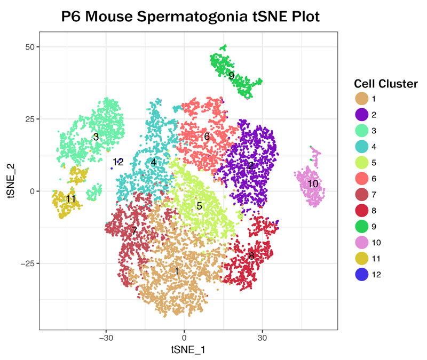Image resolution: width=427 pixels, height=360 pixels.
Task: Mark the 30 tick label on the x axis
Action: pyautogui.click(x=262, y=338)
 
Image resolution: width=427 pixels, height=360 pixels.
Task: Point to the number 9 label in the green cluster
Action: pyautogui.click(x=231, y=76)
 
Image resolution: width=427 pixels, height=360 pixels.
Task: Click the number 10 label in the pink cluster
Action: pyautogui.click(x=313, y=184)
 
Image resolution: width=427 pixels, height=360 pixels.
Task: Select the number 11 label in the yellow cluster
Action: pyautogui.click(x=70, y=199)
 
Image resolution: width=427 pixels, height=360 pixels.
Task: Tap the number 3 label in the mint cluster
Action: pyautogui.click(x=96, y=137)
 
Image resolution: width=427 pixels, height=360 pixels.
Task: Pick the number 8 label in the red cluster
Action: pyautogui.click(x=251, y=256)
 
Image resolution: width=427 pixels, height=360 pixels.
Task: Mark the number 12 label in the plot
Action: pyautogui.click(x=118, y=162)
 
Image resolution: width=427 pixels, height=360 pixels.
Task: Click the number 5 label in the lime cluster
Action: pyautogui.click(x=199, y=206)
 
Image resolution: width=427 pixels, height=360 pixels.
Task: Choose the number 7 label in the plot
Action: pyautogui.click(x=134, y=231)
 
